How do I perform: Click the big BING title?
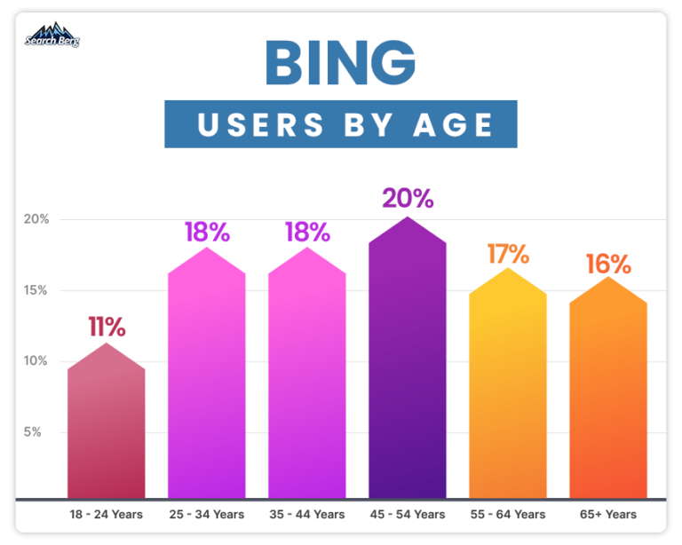(x=340, y=63)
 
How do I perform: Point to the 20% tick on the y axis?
(x=36, y=219)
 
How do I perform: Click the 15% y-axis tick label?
(x=36, y=290)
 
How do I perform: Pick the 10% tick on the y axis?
(x=36, y=361)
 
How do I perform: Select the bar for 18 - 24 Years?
(x=106, y=426)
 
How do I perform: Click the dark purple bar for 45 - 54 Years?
(x=408, y=364)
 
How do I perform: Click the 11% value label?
(x=106, y=326)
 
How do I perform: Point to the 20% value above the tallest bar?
(x=408, y=198)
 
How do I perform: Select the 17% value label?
(x=508, y=253)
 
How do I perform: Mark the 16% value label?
(x=608, y=264)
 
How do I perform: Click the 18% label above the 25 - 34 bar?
(x=207, y=233)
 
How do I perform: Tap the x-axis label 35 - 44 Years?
(x=307, y=515)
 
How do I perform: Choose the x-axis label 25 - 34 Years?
(x=207, y=515)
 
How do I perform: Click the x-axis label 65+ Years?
(x=608, y=515)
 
